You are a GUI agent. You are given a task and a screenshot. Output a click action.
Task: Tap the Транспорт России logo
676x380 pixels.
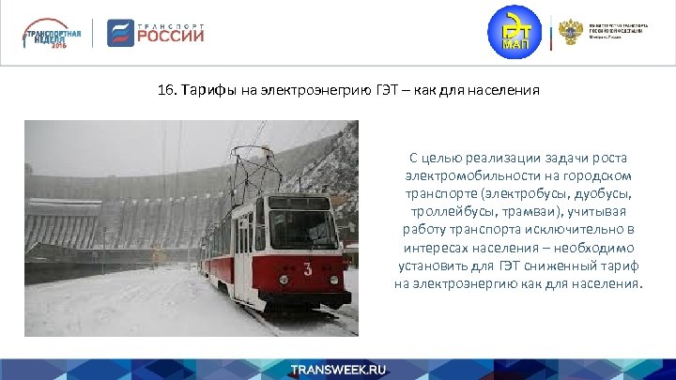tap(156, 33)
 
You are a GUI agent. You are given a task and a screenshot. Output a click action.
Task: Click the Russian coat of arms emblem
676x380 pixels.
tap(570, 33)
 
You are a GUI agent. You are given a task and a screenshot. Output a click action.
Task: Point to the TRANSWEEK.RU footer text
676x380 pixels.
tap(338, 370)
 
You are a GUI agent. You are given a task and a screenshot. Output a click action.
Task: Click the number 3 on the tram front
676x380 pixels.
tap(306, 269)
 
